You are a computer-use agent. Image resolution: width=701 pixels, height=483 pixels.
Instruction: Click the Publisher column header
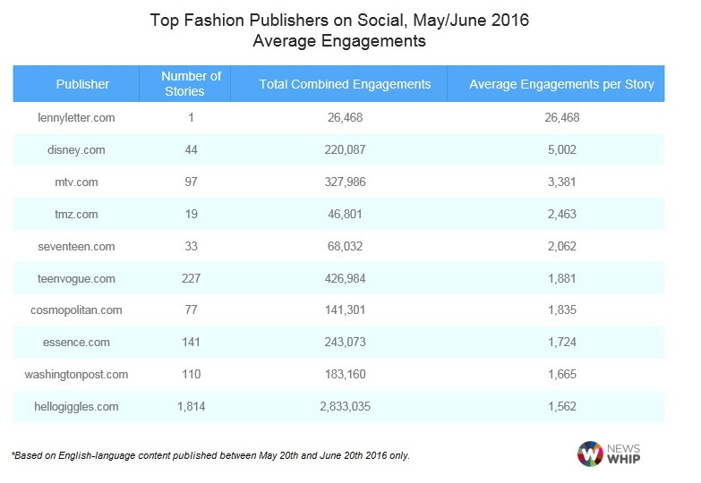point(82,84)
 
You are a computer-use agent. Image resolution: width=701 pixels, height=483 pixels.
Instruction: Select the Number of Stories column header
point(191,84)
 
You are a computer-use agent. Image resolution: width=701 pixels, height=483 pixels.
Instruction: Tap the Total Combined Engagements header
point(345,84)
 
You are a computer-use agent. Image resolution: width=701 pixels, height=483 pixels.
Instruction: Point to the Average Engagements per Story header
point(561,84)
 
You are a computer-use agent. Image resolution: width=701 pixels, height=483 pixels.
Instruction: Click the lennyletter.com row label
point(78,117)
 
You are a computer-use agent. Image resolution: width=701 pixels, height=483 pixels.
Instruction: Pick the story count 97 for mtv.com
point(191,182)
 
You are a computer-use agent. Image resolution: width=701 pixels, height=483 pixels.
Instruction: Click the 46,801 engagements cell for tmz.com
point(345,214)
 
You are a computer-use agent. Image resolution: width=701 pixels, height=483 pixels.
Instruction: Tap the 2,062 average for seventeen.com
point(561,246)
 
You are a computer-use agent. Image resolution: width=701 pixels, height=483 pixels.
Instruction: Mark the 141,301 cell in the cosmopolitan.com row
point(345,310)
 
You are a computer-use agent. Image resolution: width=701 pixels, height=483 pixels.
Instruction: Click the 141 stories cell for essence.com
point(191,342)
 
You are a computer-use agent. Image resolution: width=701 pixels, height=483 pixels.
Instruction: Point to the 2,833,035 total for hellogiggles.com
point(345,406)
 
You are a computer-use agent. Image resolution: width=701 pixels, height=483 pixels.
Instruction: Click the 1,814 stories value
point(191,406)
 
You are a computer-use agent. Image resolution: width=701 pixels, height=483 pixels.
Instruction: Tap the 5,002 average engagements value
point(561,149)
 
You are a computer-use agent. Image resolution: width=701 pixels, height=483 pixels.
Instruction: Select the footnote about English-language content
point(210,455)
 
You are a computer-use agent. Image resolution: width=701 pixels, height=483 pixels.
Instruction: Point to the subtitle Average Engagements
point(338,41)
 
